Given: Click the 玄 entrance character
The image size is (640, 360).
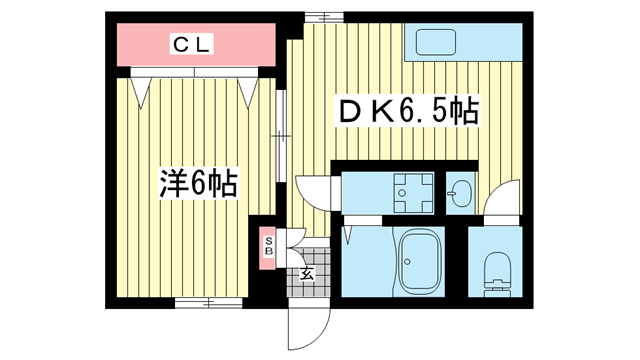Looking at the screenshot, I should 305,273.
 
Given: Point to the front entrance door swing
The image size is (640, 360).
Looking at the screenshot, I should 308,322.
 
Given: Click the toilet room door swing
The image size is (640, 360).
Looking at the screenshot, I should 503,198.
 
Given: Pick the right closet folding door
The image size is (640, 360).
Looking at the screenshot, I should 249,88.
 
